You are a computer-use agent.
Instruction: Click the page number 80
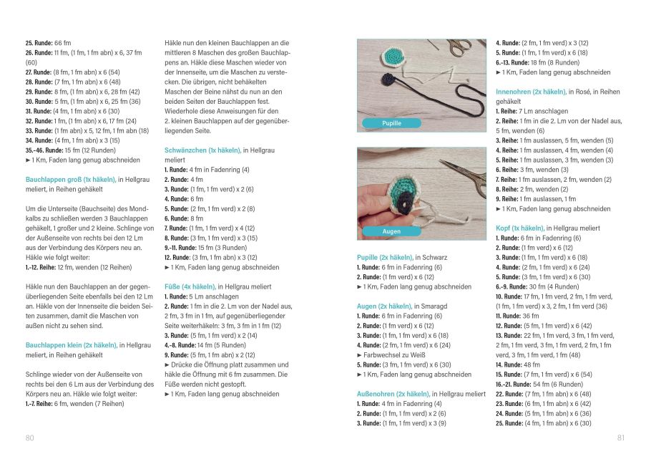tap(29, 438)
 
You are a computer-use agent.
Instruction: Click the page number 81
tap(621, 438)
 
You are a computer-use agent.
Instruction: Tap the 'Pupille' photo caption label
tap(391, 123)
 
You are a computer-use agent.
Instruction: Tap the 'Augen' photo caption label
tap(391, 231)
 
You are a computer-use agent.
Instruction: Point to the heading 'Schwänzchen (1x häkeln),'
tap(202, 150)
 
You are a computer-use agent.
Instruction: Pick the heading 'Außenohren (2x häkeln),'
tap(393, 394)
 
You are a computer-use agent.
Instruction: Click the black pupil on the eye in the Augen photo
tap(403, 203)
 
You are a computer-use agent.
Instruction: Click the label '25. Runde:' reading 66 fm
tap(39, 43)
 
